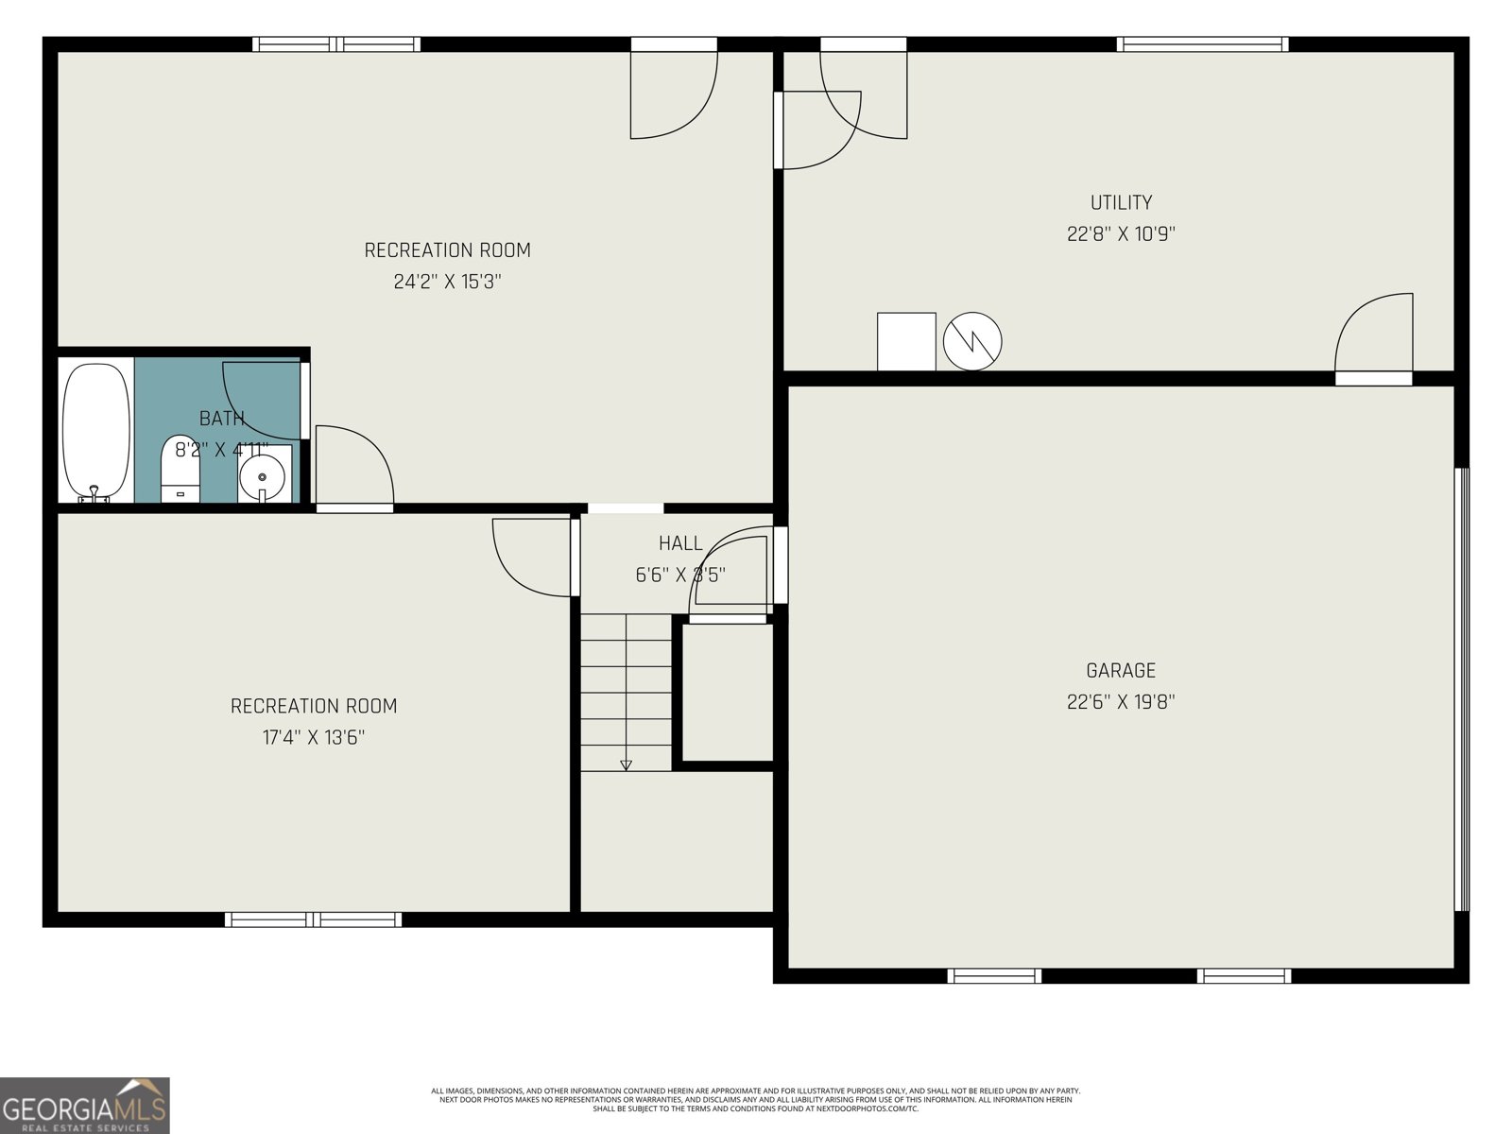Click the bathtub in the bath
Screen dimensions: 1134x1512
tap(95, 431)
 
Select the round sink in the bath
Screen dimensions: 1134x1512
tap(262, 475)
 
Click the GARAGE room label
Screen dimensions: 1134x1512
tap(1121, 671)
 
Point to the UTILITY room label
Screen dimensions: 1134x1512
tap(1121, 202)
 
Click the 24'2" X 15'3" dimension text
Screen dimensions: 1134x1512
tap(447, 282)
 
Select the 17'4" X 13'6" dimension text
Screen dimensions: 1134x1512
tap(314, 737)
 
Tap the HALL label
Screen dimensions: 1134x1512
tap(680, 543)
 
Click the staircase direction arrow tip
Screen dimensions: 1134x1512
tap(626, 766)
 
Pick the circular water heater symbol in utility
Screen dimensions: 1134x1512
tap(972, 341)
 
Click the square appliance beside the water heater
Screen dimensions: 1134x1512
tap(906, 341)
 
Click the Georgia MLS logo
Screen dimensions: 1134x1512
tap(85, 1106)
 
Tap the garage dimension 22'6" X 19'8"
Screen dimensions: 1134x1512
tap(1121, 702)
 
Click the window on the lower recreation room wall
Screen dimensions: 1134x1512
tap(314, 919)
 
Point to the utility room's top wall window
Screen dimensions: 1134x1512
tap(1202, 43)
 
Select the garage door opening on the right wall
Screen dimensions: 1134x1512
tap(1462, 690)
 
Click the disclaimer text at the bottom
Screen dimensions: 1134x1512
tap(756, 1100)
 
